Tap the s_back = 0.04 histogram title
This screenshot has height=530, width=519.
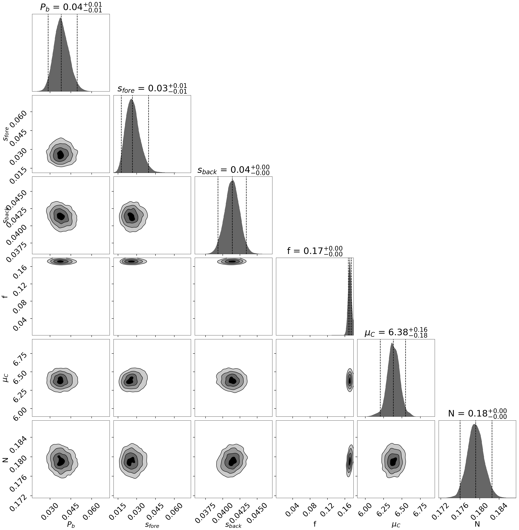[x=233, y=170]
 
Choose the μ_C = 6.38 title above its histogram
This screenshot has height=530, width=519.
[x=396, y=333]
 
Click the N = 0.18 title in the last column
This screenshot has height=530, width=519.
[x=477, y=414]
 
